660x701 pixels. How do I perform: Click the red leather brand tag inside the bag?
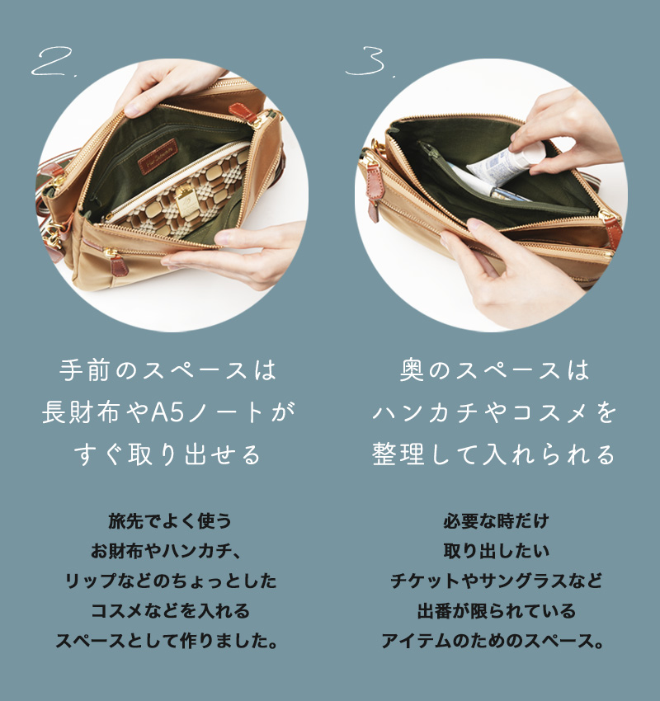[158, 156]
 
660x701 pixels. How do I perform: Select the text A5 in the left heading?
[167, 412]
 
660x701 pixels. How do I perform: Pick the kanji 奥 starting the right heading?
[412, 370]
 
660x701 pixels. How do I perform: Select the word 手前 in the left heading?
[84, 370]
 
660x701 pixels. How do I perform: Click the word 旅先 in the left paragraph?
[126, 521]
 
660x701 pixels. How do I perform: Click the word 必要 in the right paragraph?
[460, 521]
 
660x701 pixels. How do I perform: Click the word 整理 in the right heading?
[398, 454]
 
